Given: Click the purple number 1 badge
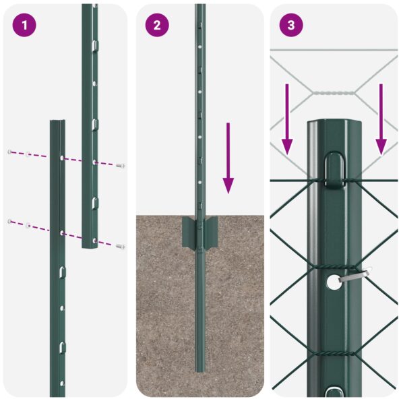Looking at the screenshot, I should point(24,25).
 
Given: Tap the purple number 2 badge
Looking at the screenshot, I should point(157,25).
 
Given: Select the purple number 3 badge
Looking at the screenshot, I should point(291,25).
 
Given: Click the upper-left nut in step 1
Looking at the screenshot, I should point(10,152).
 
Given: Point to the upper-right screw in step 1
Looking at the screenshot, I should point(121,165).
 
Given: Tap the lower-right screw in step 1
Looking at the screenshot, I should point(121,247).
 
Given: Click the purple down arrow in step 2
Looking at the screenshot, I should point(228,158).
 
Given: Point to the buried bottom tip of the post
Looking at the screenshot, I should point(200,368).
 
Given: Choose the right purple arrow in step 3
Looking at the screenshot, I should point(381,118).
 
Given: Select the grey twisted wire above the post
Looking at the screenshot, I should point(334,93).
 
